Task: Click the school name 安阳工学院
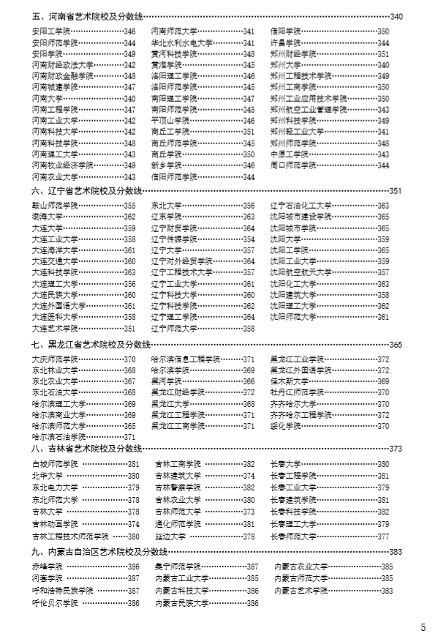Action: click(50, 31)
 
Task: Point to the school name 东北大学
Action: click(167, 206)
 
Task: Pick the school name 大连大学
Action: click(46, 228)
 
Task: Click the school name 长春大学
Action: click(286, 464)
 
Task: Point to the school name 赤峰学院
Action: click(46, 567)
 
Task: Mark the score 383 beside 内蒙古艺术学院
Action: click(387, 590)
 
